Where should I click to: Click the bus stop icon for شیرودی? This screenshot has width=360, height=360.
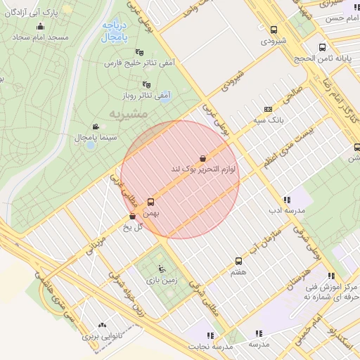point(274,30)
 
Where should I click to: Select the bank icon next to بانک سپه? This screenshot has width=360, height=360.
point(268,109)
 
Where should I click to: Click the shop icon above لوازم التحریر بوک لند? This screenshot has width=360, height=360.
point(202,159)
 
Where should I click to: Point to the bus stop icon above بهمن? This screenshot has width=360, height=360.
point(151,201)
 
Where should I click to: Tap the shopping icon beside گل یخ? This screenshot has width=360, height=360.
point(133,217)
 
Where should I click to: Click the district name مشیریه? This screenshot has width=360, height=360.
point(129,113)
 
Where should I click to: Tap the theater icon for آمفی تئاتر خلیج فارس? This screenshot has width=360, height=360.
point(139,51)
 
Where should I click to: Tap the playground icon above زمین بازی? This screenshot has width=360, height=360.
point(163,268)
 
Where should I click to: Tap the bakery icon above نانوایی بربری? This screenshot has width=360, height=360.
point(103,326)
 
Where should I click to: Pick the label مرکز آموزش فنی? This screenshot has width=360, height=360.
point(330,288)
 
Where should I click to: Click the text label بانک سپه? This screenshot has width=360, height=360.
point(268,120)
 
